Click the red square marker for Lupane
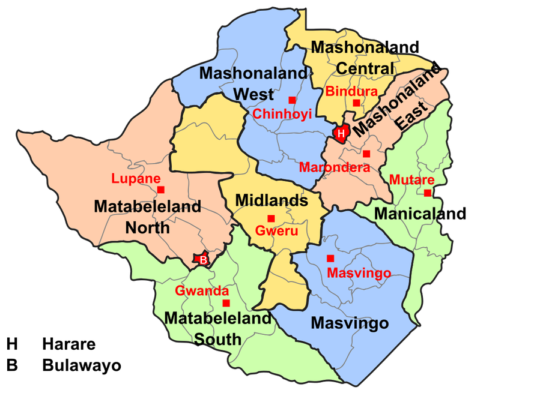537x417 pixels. pos(161,190)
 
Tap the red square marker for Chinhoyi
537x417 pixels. pos(292,100)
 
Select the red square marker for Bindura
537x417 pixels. pos(356,103)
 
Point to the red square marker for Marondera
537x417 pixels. pos(366,154)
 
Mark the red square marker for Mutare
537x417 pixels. pos(427,193)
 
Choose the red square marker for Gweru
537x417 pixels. pos(271,218)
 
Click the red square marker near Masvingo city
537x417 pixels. pos(330,259)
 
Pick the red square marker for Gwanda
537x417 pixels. pos(226,303)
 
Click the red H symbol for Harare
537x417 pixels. pos(341,133)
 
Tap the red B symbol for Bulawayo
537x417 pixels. pos(203,260)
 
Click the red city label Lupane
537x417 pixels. pos(136,178)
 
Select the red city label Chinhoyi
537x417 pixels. pos(282,114)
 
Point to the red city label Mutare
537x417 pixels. pos(412,179)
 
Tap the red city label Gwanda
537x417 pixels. pos(202,291)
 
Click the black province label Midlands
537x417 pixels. pos(272,200)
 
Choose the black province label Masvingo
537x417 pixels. pos(350,323)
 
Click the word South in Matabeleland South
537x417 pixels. pos(217,339)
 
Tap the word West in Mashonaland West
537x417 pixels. pos(253,94)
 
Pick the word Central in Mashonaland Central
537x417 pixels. pos(365,68)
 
